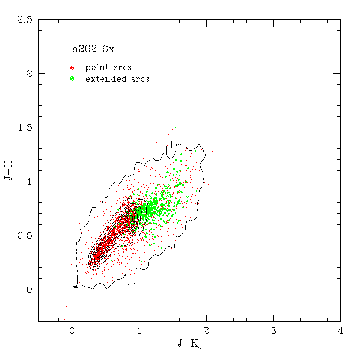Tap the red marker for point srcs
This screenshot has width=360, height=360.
72,68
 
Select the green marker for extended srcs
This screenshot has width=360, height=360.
72,79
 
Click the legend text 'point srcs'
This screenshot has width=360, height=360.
108,67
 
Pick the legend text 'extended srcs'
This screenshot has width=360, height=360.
117,79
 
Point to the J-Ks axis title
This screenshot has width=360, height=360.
189,345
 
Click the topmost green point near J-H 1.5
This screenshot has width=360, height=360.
175,128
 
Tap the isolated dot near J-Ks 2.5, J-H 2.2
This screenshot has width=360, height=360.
243,54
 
